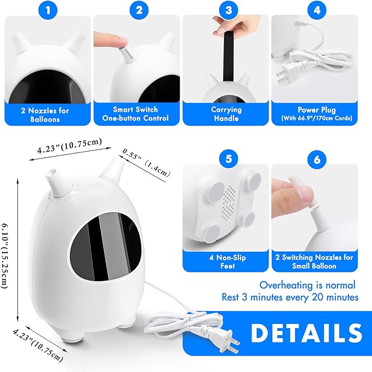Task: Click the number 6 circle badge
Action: coord(316,160)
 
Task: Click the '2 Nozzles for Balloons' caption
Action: coord(48,114)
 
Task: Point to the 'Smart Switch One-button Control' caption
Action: coord(137,114)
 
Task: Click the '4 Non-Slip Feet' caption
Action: coord(227,261)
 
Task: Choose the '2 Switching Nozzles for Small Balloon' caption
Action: coord(316,261)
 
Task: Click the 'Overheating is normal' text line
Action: coord(307,285)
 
